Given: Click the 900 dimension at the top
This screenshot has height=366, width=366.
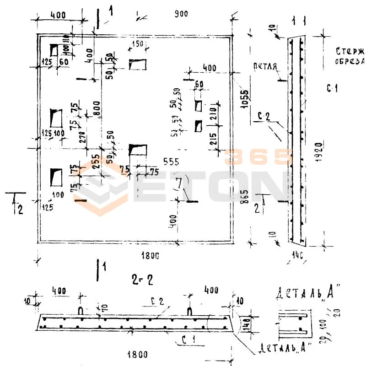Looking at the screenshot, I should coord(181,14).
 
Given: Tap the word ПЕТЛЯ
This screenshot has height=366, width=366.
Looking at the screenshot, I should coord(265,67).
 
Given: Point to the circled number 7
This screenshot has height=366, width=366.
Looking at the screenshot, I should coord(178,185).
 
